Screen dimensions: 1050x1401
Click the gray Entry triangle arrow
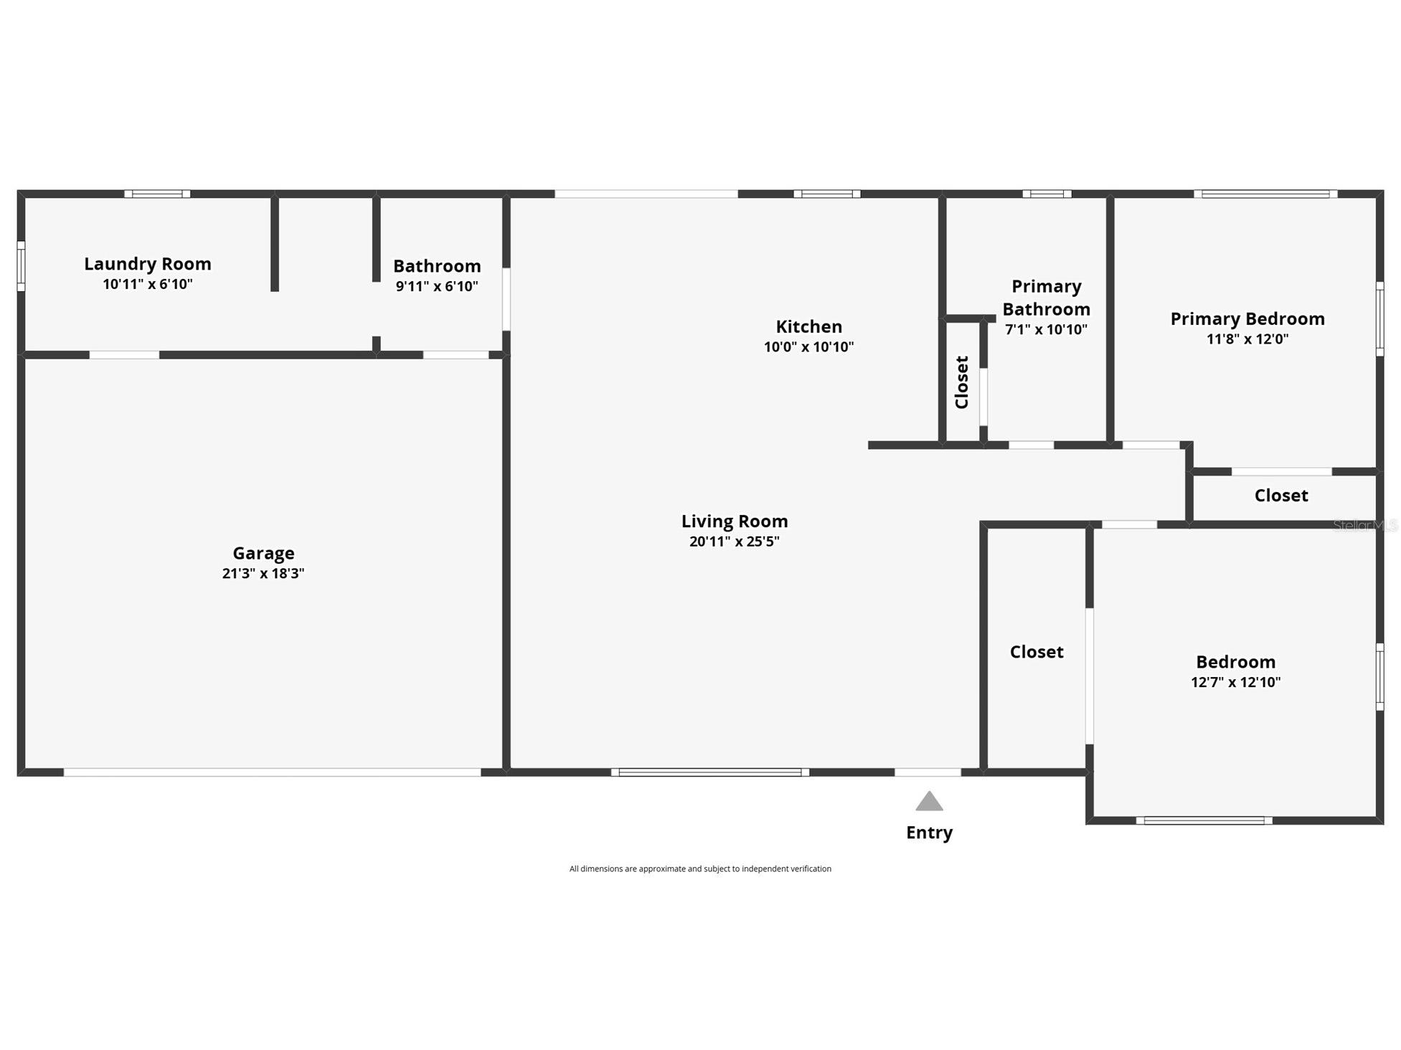[x=929, y=802]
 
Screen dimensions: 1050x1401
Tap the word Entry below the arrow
[x=929, y=833]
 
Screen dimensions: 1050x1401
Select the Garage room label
[x=263, y=553]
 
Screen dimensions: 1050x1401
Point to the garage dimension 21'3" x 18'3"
[x=263, y=573]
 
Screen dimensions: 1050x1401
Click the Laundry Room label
[x=148, y=264]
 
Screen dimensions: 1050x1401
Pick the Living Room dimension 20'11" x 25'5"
[x=734, y=541]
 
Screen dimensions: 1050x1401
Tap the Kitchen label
[x=808, y=326]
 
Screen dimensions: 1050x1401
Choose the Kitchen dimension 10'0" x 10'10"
[x=808, y=347]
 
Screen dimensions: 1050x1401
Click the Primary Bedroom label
[x=1247, y=318]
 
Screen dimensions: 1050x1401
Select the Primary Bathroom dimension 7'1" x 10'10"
[x=1046, y=330]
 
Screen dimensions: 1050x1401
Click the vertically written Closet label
[x=962, y=382]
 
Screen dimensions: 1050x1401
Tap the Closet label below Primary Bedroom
[x=1280, y=496]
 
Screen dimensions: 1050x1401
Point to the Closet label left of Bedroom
[x=1036, y=652]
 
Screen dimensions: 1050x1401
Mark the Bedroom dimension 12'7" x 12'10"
[x=1235, y=682]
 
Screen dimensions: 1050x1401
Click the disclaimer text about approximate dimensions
[x=700, y=869]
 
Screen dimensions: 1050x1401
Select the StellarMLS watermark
[x=1365, y=526]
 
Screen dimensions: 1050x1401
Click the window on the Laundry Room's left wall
[x=21, y=266]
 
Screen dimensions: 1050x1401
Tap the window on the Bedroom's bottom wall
[x=1204, y=820]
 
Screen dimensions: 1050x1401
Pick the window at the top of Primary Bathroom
[x=1047, y=194]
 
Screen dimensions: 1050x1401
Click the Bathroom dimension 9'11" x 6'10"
[x=436, y=286]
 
